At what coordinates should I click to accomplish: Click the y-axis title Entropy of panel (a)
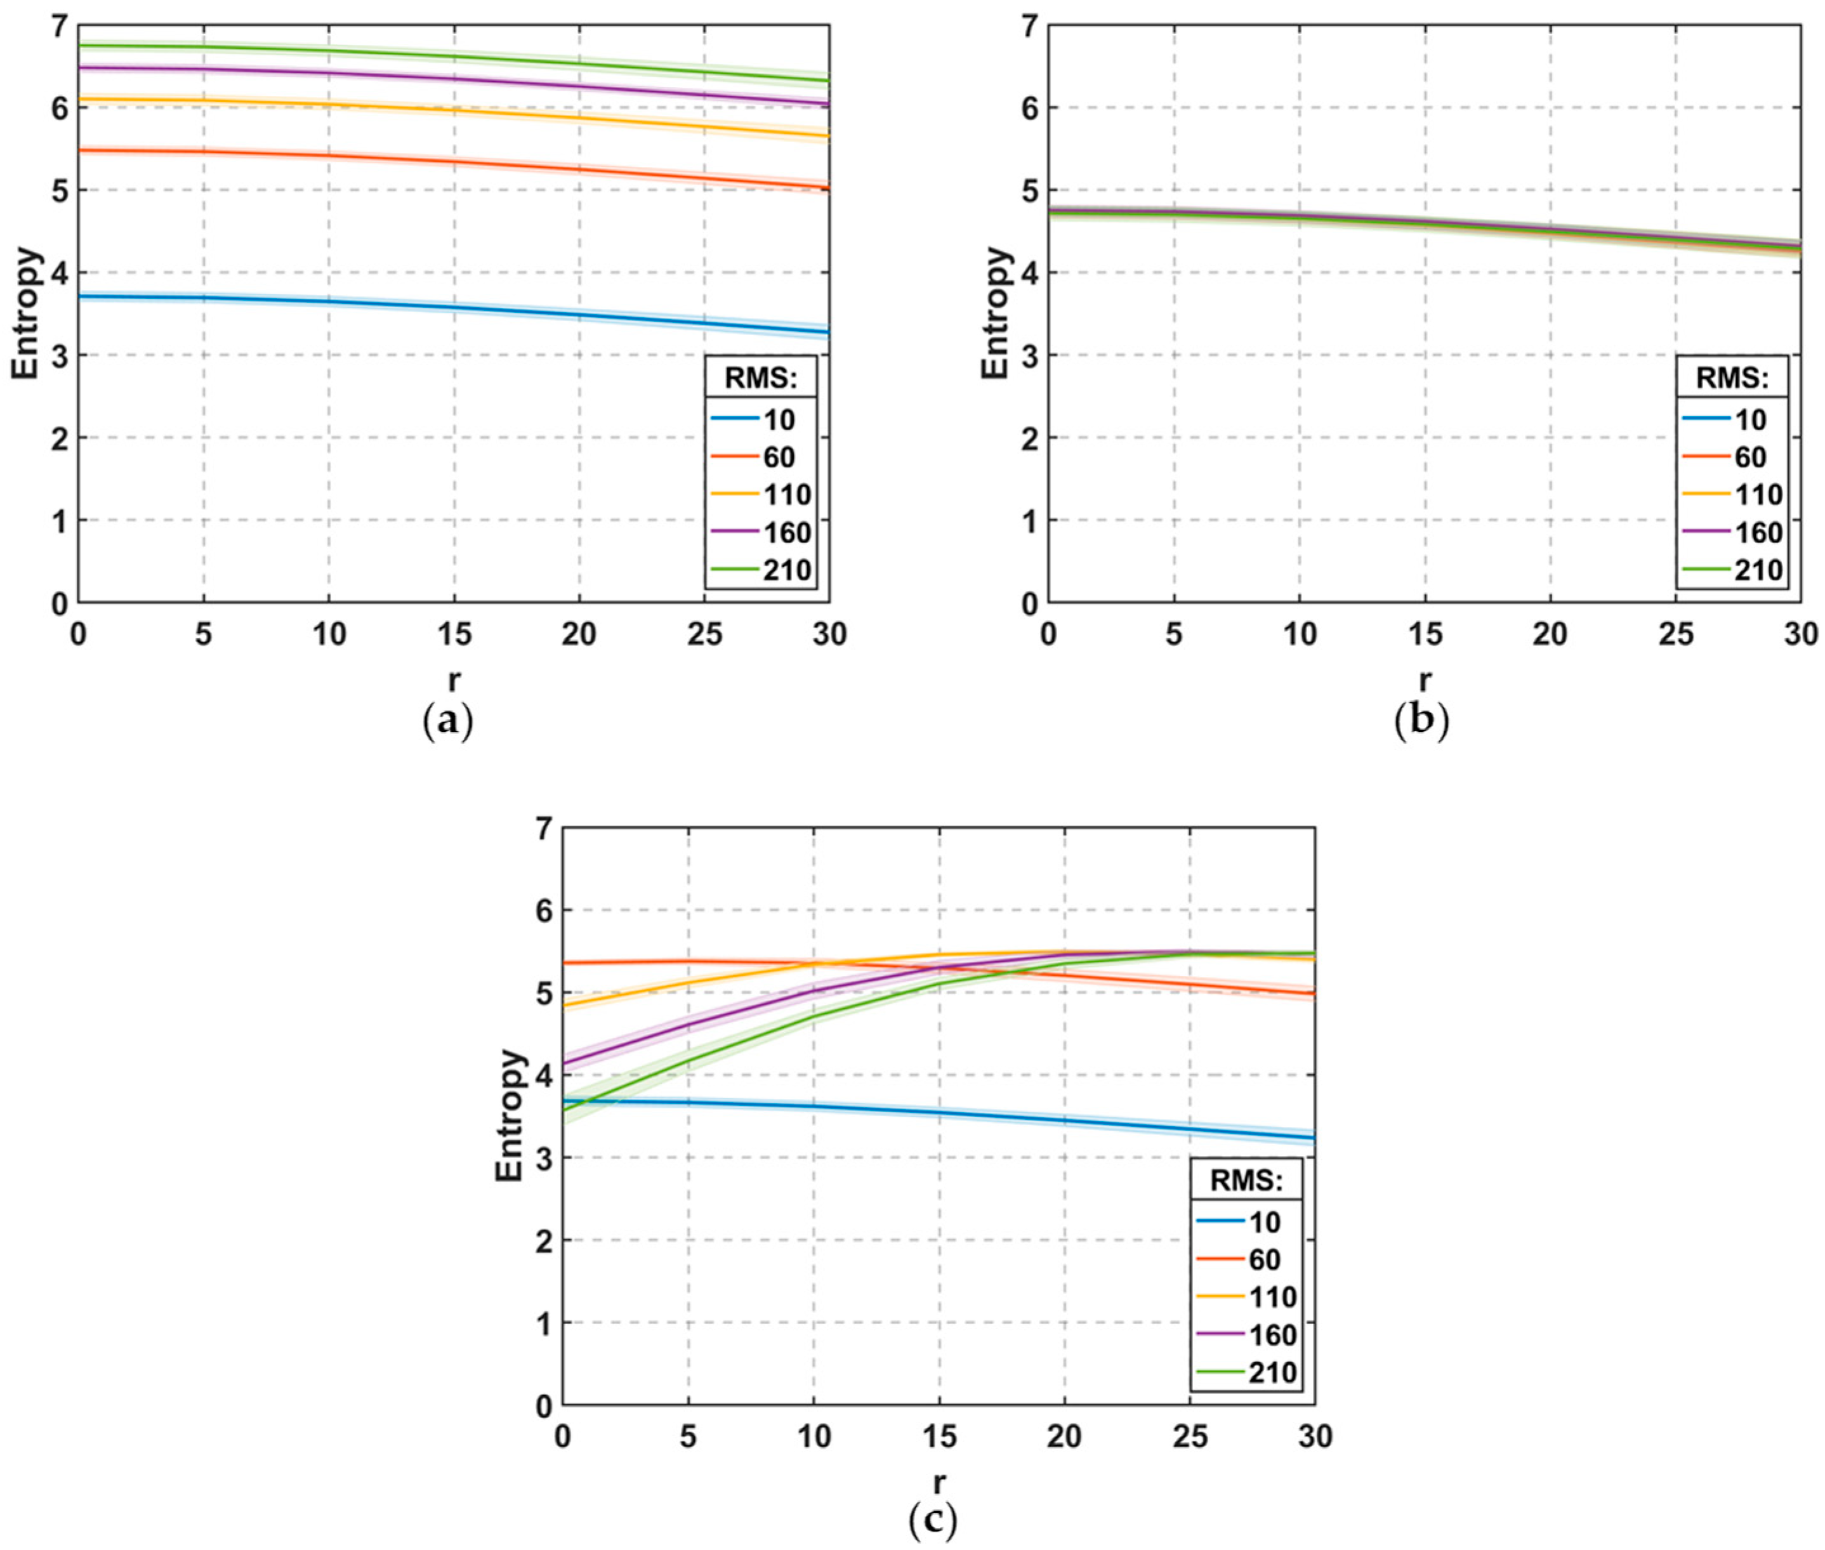[27, 313]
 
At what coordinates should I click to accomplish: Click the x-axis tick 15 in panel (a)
[453, 634]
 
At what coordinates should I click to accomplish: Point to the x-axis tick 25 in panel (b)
[1675, 634]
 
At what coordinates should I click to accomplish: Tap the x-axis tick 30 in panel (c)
[1314, 1436]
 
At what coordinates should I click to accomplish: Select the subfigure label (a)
[448, 722]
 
